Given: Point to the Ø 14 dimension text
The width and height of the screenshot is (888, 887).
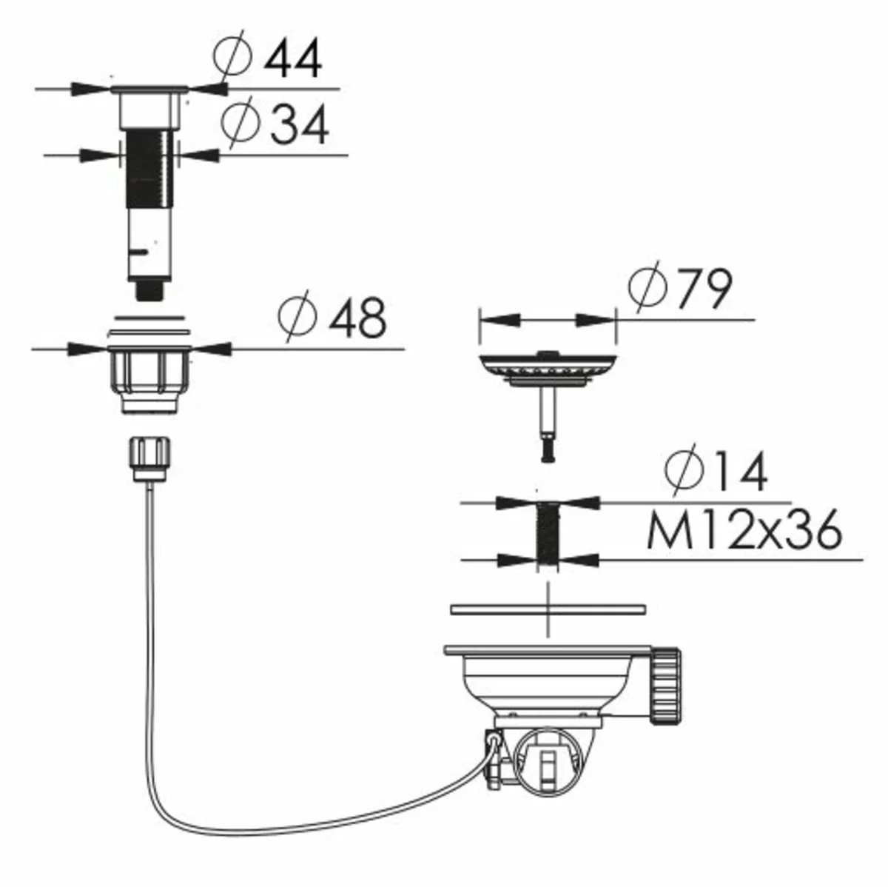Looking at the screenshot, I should pos(715,472).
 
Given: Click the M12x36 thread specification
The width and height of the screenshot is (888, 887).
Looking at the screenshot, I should pos(743,529).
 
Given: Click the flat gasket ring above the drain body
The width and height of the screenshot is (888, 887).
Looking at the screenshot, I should pos(548,609).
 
